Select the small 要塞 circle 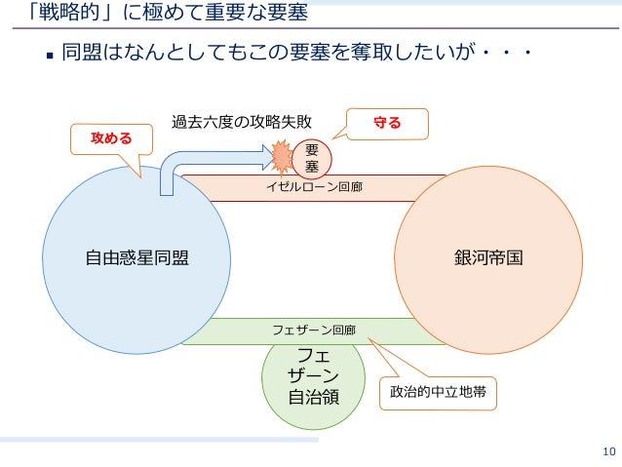click(312, 158)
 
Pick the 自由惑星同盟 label click(136, 258)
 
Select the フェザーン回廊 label click(313, 331)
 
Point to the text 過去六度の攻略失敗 click(241, 122)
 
